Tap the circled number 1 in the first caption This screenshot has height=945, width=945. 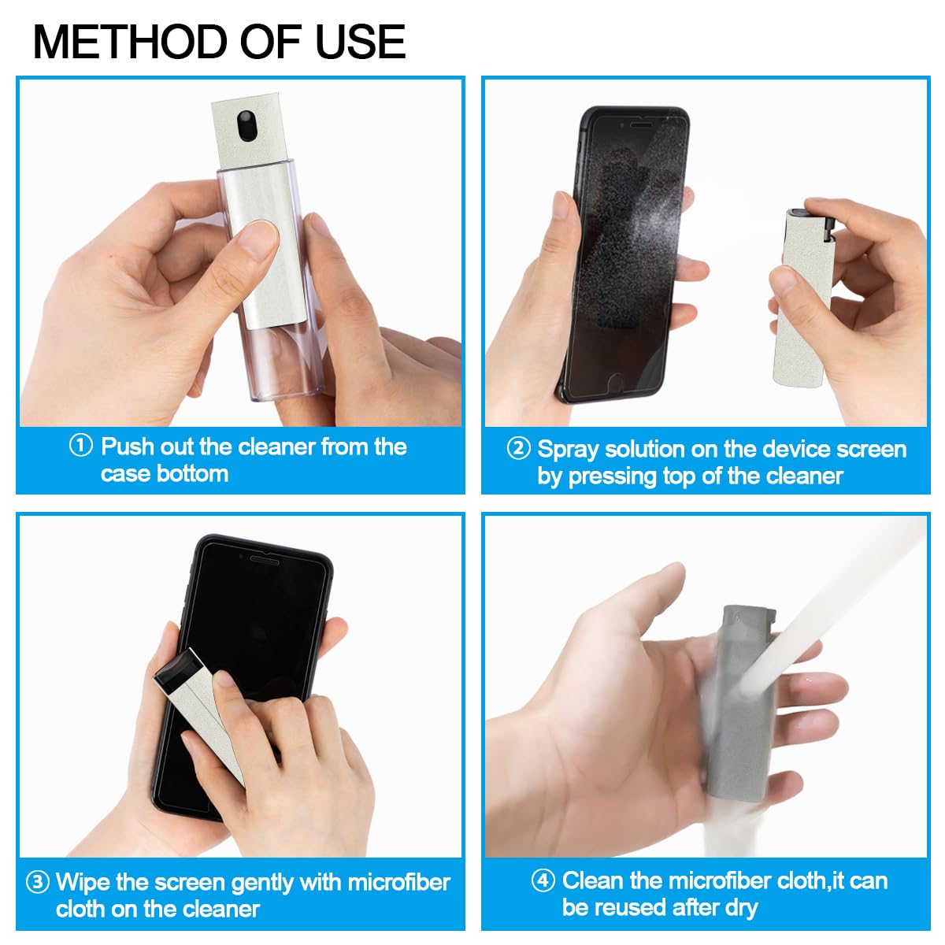point(81,447)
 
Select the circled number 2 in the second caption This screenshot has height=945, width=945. point(518,449)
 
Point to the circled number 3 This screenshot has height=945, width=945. point(37,882)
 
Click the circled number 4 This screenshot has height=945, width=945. point(543,880)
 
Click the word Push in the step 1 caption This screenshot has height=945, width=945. point(128,447)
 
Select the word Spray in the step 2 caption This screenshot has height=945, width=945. point(571,450)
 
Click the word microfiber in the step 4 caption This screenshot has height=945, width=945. point(720,880)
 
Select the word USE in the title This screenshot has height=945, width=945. point(360,43)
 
